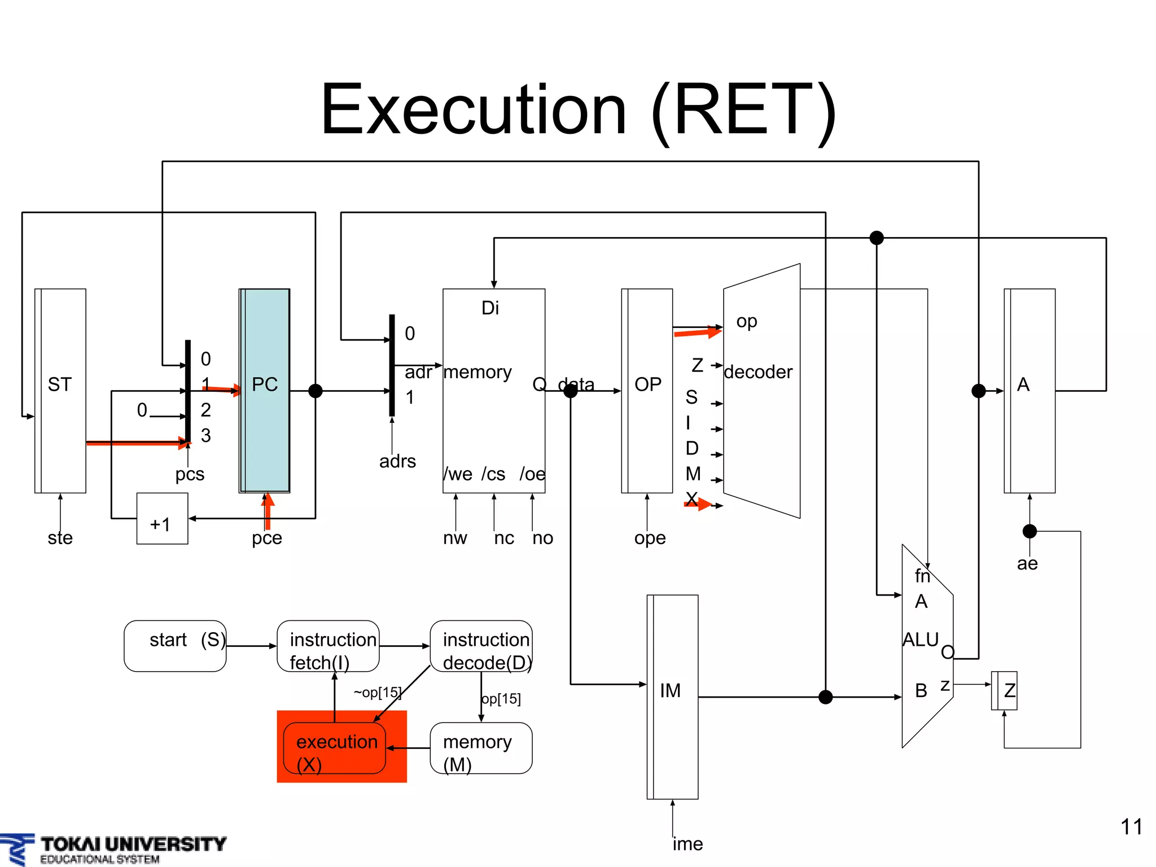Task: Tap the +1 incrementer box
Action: point(162,519)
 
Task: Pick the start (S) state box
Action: point(175,646)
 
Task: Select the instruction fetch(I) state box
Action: point(328,646)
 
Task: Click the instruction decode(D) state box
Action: point(481,646)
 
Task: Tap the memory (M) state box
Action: point(481,748)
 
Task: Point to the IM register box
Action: point(672,697)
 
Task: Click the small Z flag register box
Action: point(1005,690)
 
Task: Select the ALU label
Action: point(920,640)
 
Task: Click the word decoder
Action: point(757,372)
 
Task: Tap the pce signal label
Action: point(266,538)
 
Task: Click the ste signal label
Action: point(60,538)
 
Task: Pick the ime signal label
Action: point(688,844)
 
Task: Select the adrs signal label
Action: point(397,461)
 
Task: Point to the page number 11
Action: point(1131,827)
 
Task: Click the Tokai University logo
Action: point(113,848)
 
